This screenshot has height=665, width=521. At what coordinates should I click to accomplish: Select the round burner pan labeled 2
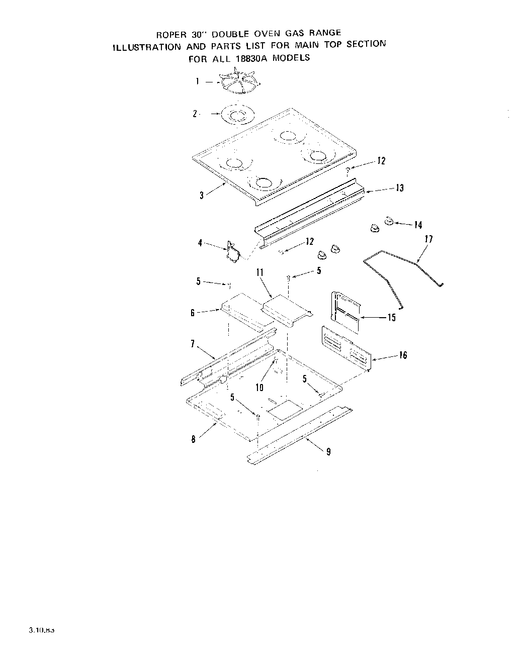[236, 115]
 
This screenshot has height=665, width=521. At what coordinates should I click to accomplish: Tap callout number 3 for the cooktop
[202, 196]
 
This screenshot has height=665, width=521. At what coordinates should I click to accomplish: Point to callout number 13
[400, 188]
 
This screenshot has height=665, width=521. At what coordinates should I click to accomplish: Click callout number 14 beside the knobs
[418, 225]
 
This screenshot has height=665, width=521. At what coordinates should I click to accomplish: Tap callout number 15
[392, 317]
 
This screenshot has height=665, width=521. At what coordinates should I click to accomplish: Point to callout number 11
[260, 272]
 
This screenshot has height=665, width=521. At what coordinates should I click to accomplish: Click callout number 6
[192, 313]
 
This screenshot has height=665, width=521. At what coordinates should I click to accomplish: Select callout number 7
[192, 344]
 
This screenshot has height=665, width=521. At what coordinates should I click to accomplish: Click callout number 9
[328, 452]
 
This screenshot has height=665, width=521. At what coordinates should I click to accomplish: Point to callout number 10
[259, 388]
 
